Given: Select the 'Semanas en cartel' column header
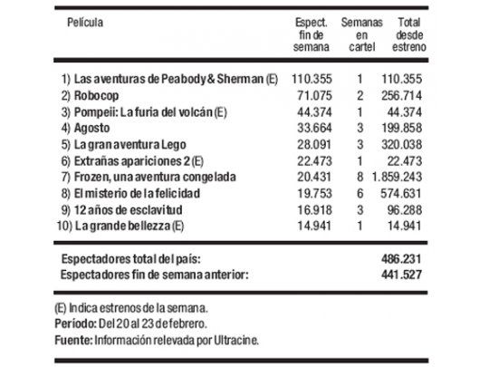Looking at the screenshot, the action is (x=360, y=34).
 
